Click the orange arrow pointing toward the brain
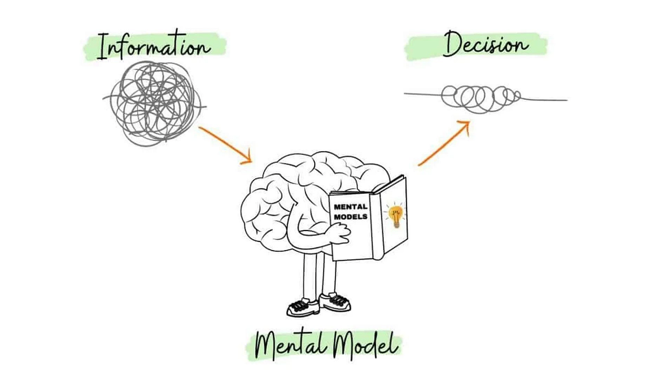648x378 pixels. [224, 144]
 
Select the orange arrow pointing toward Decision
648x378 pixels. [443, 143]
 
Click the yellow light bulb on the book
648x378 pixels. [396, 215]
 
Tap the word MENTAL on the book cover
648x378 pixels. [351, 207]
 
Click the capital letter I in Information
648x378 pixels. [100, 46]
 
